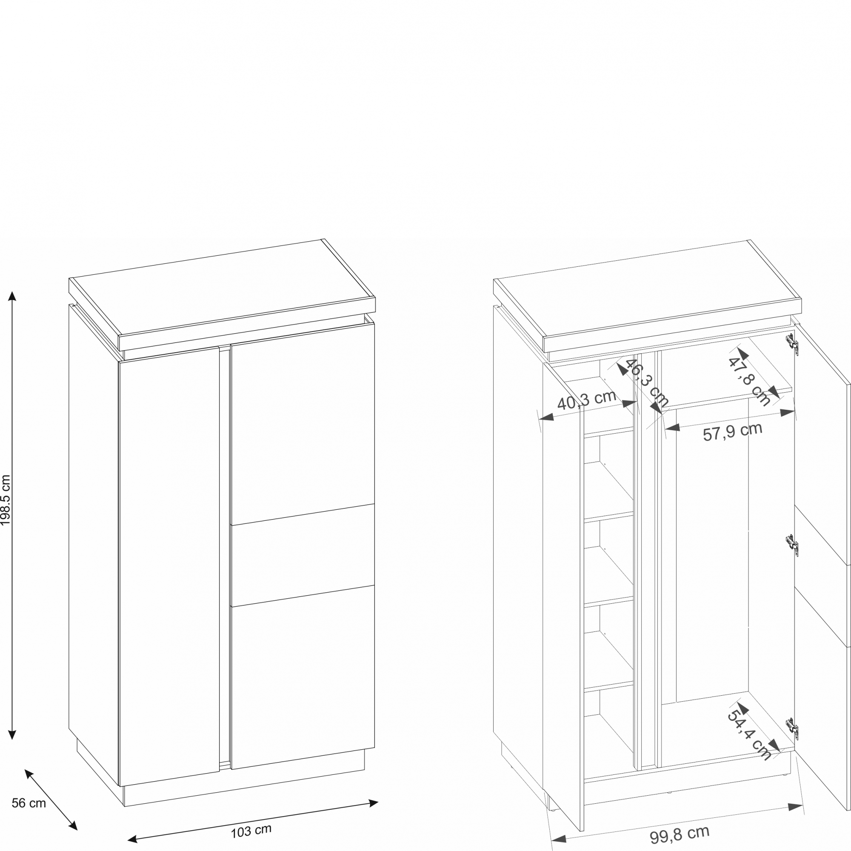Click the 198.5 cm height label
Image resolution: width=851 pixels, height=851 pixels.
tap(6, 500)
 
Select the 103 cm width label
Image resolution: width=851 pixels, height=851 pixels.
tap(251, 831)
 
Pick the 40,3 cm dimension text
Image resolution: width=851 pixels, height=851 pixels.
tap(587, 400)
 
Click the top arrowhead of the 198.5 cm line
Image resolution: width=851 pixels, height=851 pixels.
tap(12, 296)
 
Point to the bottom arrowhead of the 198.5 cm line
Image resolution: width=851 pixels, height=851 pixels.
tap(12, 735)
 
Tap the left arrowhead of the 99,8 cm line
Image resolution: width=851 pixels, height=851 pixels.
tap(559, 839)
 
